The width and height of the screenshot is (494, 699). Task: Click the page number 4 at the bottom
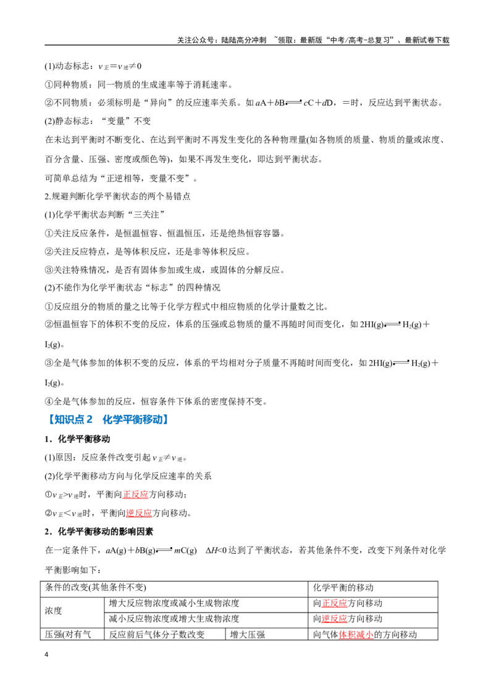[47, 655]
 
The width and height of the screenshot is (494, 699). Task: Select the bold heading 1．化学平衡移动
[77, 439]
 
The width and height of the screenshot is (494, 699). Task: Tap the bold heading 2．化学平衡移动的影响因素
[99, 532]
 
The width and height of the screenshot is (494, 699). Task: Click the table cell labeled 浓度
[54, 611]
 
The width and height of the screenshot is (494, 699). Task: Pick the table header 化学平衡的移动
[343, 588]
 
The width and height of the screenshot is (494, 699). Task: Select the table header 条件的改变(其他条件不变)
[96, 588]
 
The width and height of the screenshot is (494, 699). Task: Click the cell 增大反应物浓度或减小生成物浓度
[174, 603]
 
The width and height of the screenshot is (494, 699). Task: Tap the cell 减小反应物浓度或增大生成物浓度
[174, 619]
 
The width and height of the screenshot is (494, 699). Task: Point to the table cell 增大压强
[248, 634]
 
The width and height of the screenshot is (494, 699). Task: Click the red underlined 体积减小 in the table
[356, 634]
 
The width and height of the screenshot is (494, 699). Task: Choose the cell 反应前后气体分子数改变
[157, 634]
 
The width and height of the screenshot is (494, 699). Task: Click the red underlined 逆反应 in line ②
[139, 513]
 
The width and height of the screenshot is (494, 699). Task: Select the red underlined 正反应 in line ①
[135, 495]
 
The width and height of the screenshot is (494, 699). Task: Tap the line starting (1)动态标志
[93, 67]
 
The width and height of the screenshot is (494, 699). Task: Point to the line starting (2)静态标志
[98, 121]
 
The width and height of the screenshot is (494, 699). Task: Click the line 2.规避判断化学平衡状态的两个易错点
[118, 196]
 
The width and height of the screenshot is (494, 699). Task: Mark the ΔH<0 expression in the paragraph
[216, 550]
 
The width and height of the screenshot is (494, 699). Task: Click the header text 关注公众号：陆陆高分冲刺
[222, 40]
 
